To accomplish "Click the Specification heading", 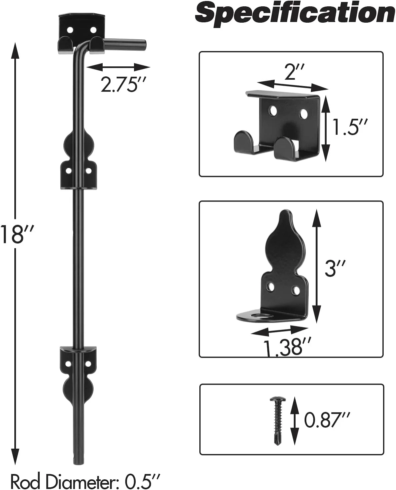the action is [x=295, y=14].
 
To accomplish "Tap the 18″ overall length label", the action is [x=17, y=234].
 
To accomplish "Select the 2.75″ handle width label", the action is [x=123, y=84].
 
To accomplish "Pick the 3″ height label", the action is [x=335, y=268].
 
